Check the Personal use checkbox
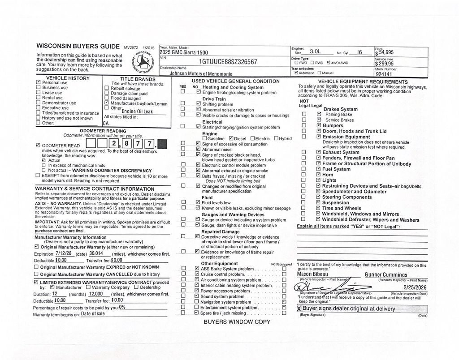pos(39,83)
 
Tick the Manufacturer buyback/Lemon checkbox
pos(106,103)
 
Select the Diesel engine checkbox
pos(231,138)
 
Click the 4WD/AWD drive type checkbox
pos(329,63)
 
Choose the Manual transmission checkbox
pos(320,73)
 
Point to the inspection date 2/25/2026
pos(415,287)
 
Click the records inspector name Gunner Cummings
pos(385,274)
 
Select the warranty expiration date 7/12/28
pos(63,253)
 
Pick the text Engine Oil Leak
pos(137,111)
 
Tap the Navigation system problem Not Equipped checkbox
pos(284,302)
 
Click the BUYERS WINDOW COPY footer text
pos(237,321)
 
